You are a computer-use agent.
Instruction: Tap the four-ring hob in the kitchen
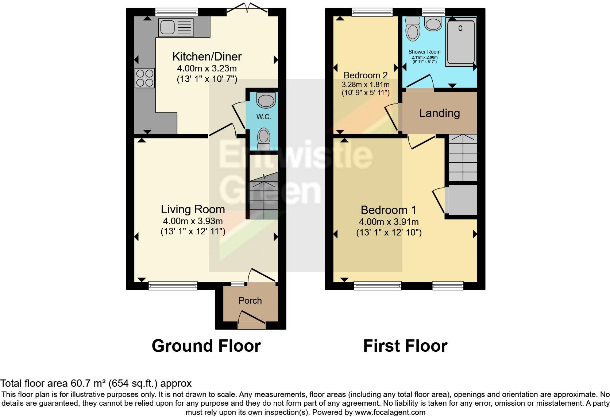tap(145, 78)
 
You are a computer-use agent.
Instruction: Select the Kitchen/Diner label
tap(207, 56)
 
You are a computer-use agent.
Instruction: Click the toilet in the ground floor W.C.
tap(263, 139)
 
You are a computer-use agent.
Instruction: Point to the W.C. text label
tap(263, 117)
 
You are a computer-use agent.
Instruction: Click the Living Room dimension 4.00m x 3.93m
tap(193, 221)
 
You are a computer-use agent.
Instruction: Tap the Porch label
tap(250, 300)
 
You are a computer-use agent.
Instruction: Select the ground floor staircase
tap(262, 197)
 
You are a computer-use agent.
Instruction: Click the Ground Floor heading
tap(206, 346)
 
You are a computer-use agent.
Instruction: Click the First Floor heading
tap(405, 346)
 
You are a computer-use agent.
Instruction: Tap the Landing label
tap(439, 113)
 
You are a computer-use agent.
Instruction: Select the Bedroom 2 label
tap(365, 75)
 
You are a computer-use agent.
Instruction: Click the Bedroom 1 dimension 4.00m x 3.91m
tap(389, 222)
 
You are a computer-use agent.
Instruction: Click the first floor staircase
tap(462, 157)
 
